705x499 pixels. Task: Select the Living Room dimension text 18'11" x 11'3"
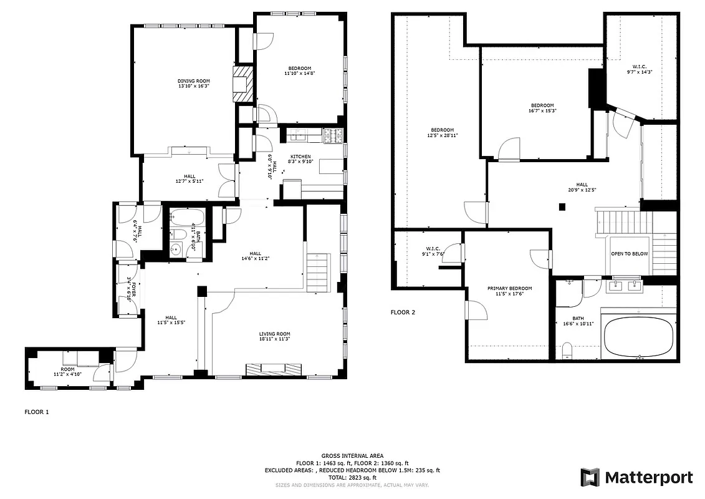click(x=275, y=339)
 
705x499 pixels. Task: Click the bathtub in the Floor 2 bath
click(x=640, y=336)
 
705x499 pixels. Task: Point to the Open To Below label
click(x=629, y=254)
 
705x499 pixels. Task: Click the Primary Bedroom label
click(x=509, y=288)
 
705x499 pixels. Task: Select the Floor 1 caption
click(x=36, y=412)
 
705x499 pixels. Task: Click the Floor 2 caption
click(x=403, y=312)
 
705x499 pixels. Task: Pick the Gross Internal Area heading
click(x=352, y=456)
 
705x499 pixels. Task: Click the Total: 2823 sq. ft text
click(x=352, y=477)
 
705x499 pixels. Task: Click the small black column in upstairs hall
click(x=562, y=207)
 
